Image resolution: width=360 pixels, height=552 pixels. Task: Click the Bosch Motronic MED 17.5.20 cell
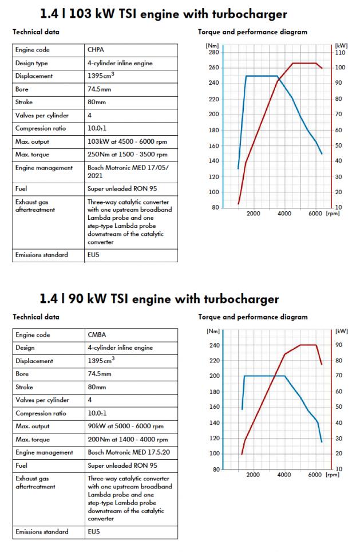[x=124, y=452]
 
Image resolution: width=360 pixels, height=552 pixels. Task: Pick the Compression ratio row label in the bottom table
[x=42, y=413]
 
